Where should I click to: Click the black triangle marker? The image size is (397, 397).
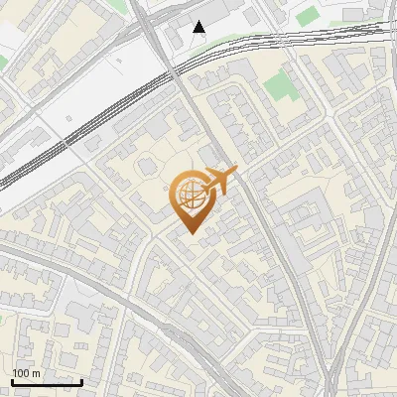tap(199, 27)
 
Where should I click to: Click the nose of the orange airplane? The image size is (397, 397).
tap(236, 171)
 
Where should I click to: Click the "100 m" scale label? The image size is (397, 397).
tap(26, 373)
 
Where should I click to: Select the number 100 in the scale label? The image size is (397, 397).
tap(21, 373)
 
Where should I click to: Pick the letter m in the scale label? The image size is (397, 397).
tap(36, 373)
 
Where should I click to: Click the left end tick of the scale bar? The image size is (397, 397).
tap(12, 380)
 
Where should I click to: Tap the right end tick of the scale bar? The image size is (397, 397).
tap(81, 380)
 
